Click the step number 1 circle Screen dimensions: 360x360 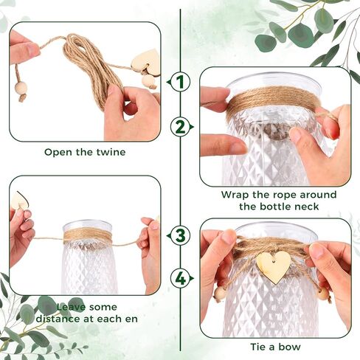[x=180, y=82]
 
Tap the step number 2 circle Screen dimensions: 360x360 [x=180, y=127]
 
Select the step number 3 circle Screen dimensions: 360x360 [x=180, y=236]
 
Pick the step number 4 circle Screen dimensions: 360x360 [x=180, y=279]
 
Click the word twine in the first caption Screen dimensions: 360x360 [x=111, y=152]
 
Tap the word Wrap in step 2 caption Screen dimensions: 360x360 [x=234, y=195]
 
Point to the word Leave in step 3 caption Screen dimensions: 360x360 [x=71, y=307]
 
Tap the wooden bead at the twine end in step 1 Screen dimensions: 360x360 [x=20, y=89]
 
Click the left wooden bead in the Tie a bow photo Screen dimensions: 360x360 [x=220, y=294]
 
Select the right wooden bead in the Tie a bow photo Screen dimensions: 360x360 [x=323, y=294]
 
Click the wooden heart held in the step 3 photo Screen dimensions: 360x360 [x=20, y=201]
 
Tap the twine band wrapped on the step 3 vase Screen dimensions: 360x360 [x=88, y=236]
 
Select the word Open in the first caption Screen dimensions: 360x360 [x=58, y=153]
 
